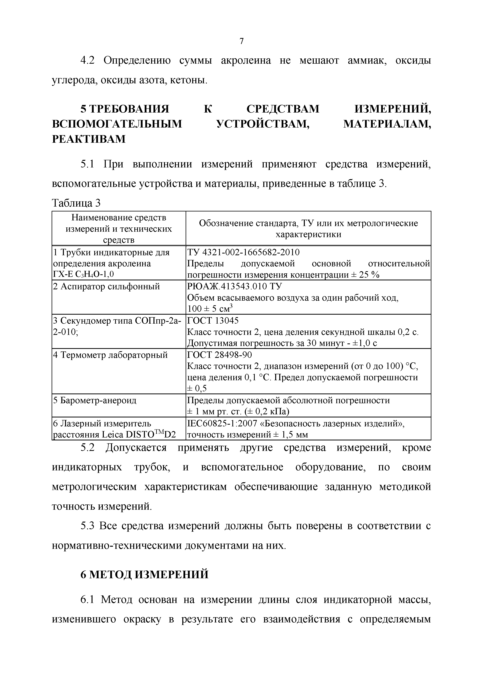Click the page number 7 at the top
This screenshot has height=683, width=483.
point(241,41)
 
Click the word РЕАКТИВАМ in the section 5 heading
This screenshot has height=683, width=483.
point(89,139)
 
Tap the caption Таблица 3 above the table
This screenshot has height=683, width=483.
point(76,203)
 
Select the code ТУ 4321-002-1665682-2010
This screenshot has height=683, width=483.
point(243,252)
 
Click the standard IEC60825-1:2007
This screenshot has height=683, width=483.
point(225,423)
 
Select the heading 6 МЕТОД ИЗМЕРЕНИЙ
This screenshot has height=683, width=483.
point(145,574)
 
